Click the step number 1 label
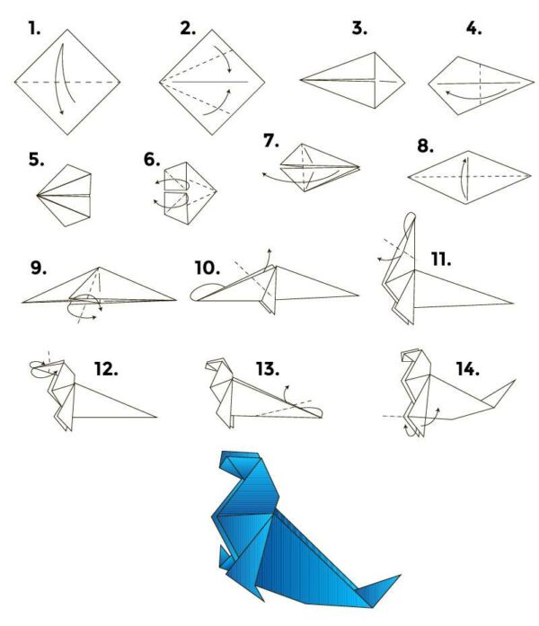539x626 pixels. [x=35, y=28]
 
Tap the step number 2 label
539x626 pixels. [x=187, y=28]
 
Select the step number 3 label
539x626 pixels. [x=359, y=28]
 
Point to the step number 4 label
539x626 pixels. [x=473, y=28]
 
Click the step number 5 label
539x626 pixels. [x=37, y=160]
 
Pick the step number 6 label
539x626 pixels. [x=152, y=160]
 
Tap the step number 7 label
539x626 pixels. [x=271, y=141]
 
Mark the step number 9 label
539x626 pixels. [x=38, y=268]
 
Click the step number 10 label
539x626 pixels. [x=208, y=268]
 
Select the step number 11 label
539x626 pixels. [x=440, y=260]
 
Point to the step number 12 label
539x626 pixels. [x=106, y=367]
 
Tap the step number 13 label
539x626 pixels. [x=267, y=367]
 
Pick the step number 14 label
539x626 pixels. [x=467, y=368]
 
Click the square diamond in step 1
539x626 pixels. [x=67, y=81]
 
